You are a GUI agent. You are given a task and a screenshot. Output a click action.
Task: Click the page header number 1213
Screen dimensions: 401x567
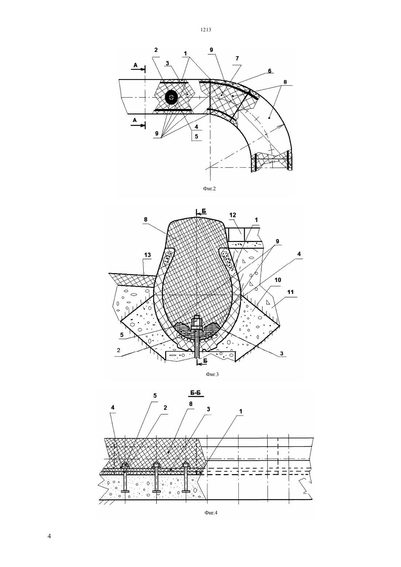206,30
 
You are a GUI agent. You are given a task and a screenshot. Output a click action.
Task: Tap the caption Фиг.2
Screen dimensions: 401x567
209,188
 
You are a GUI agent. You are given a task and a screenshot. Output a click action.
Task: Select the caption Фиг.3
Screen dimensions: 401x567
212,374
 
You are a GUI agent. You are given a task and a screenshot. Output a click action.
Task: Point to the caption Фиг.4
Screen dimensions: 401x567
211,513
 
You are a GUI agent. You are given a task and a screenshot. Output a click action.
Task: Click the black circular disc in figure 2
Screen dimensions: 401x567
171,97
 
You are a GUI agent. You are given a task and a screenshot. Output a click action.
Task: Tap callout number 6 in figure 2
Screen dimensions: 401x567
270,71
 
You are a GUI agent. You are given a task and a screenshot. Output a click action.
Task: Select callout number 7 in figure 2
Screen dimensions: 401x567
237,58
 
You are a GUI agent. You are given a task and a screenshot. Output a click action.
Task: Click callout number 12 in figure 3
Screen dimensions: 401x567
233,215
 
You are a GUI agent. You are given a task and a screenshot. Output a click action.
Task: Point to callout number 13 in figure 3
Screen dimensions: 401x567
148,255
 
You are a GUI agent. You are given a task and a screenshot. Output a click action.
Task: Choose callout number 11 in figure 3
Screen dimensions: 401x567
291,292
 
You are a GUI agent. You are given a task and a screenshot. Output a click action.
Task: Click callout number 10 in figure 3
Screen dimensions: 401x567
278,280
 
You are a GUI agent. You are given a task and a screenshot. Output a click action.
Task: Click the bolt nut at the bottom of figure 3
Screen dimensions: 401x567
196,323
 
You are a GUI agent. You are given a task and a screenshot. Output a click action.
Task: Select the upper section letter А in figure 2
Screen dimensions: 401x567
136,65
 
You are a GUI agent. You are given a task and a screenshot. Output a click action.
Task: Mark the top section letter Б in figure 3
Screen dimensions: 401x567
203,211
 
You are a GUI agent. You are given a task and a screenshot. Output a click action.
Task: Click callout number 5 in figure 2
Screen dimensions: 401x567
196,136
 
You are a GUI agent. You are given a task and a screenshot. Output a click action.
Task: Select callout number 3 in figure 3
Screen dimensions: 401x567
282,353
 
